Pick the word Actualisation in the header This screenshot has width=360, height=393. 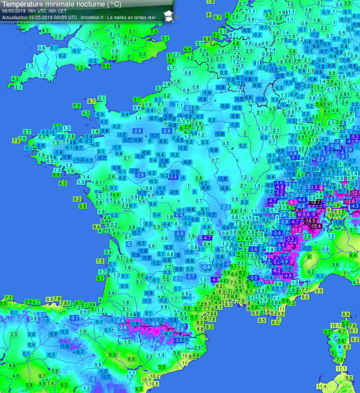click(15, 17)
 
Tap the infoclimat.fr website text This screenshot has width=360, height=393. click(93, 17)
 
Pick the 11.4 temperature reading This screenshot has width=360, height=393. click(322, 386)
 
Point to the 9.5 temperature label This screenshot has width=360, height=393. click(50, 300)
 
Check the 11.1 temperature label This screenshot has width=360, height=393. click(341, 369)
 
